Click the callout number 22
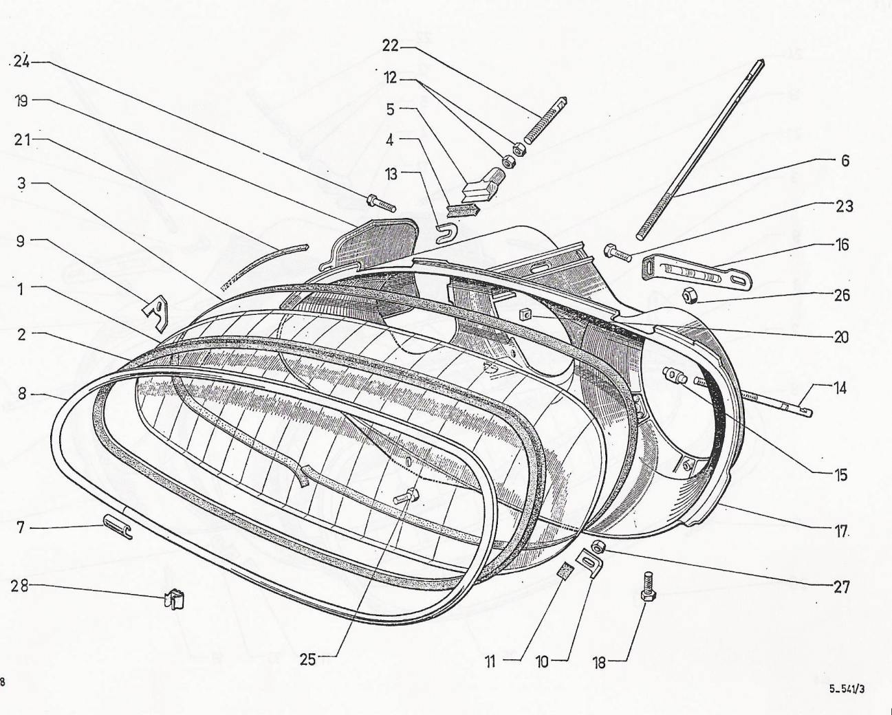(x=390, y=46)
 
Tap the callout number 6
(x=845, y=160)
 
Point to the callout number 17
(x=840, y=531)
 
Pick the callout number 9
(x=21, y=241)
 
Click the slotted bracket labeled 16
(x=697, y=272)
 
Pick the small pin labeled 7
(x=117, y=527)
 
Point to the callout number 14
(x=840, y=388)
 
